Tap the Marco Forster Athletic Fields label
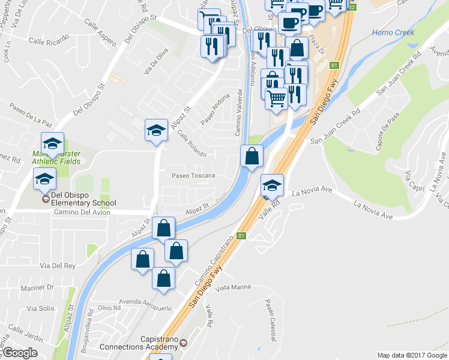55,157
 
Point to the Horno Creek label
393,32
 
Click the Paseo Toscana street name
193,176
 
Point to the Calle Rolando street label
191,141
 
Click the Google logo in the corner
20,353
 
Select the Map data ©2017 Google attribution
411,355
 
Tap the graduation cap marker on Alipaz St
156,131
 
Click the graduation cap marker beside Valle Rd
272,185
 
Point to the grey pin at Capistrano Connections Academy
182,342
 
